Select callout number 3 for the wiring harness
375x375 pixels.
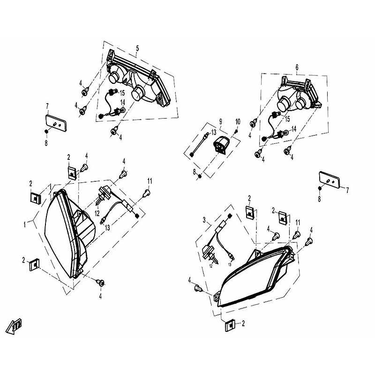click(x=204, y=219)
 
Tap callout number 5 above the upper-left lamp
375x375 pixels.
click(x=137, y=48)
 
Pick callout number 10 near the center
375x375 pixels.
click(x=238, y=122)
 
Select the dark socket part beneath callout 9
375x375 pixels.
click(x=220, y=143)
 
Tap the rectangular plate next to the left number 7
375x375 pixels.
click(x=55, y=124)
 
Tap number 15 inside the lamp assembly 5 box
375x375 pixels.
click(x=122, y=92)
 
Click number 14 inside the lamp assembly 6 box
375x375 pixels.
click(x=294, y=128)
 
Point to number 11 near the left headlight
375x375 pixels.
click(x=150, y=181)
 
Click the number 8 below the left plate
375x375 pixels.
click(x=46, y=142)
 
